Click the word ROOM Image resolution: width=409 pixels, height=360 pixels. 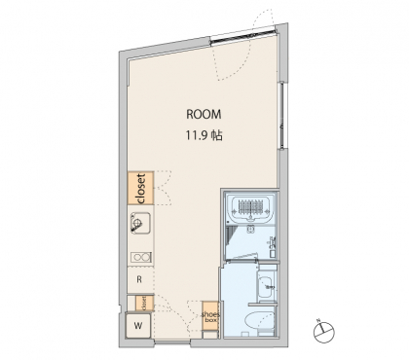coord(204,114)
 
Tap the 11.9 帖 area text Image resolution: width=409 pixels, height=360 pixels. coord(204,135)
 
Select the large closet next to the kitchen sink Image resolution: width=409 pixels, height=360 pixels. coord(140,188)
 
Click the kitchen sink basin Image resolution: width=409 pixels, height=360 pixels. coord(140,223)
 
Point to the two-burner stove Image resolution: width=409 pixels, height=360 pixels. coord(141,258)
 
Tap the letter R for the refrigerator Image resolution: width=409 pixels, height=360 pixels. coord(139,279)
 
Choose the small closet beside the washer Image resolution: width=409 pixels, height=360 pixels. coord(144,304)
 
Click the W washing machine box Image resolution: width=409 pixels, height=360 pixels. coord(138,326)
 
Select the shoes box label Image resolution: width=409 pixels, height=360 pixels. coord(210,317)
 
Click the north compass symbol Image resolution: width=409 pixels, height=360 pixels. coord(324,332)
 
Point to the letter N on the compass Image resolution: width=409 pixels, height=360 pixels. coord(318,321)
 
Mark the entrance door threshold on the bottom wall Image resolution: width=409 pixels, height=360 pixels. coord(172,342)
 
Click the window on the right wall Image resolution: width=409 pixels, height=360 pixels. coord(282,116)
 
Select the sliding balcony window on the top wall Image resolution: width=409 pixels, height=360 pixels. coord(243,35)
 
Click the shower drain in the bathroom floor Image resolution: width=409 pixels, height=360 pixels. coord(250,229)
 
